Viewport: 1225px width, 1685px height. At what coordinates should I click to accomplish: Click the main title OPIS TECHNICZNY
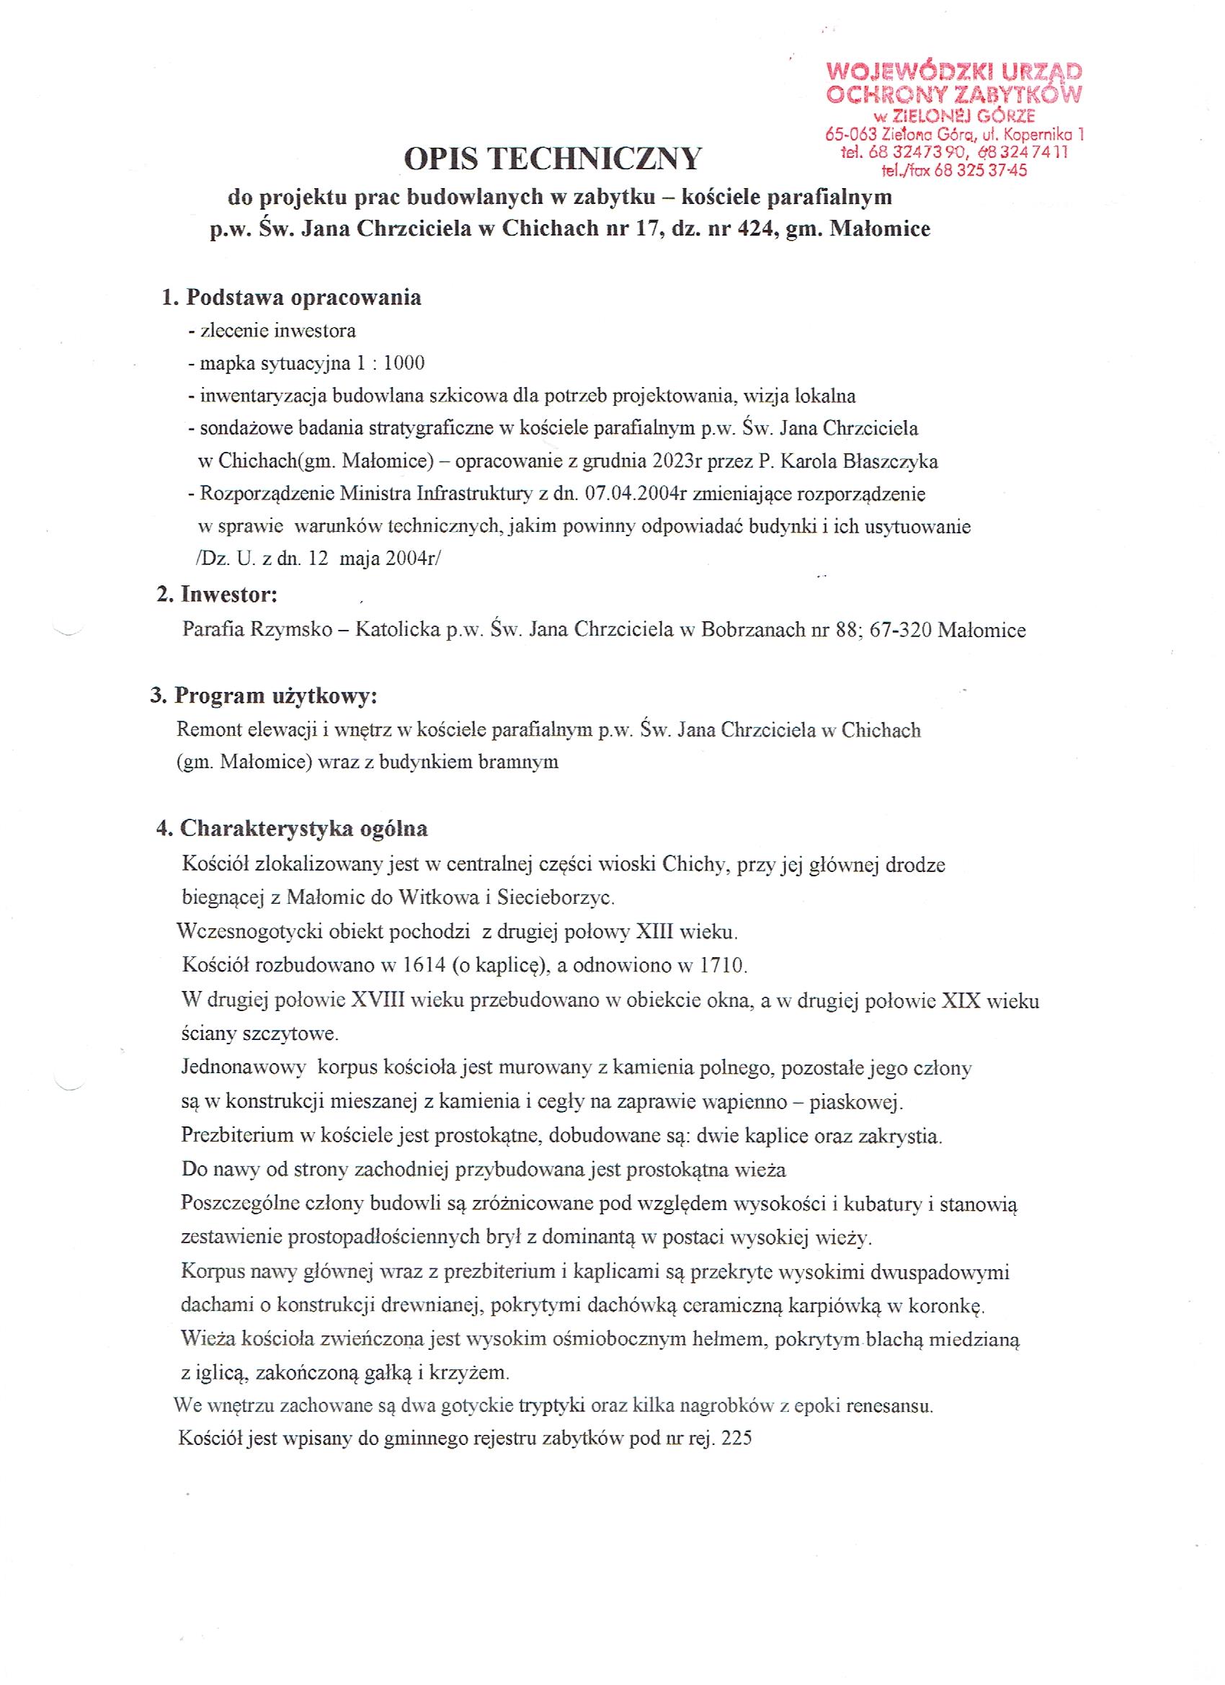pyautogui.click(x=552, y=159)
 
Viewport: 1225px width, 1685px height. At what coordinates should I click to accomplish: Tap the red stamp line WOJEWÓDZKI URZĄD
pyautogui.click(x=954, y=72)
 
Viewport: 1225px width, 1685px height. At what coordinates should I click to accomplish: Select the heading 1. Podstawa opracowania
pyautogui.click(x=292, y=297)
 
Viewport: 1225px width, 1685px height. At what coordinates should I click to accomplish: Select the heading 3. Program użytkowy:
pyautogui.click(x=264, y=695)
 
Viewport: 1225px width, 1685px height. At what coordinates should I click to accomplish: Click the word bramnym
pyautogui.click(x=522, y=763)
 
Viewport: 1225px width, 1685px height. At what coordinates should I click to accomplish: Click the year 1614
pyautogui.click(x=425, y=966)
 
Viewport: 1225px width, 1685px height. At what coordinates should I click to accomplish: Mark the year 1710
pyautogui.click(x=722, y=966)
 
